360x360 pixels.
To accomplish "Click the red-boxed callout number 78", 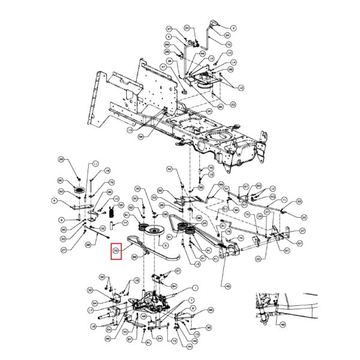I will click(x=116, y=251).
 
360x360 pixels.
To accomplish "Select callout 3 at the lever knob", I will click(x=233, y=28).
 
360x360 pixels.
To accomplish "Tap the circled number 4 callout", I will click(x=169, y=37).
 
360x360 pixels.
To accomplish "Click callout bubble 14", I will click(x=233, y=62).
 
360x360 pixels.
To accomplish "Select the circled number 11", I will click(x=94, y=163).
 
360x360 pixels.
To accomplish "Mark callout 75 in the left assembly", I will click(x=112, y=182).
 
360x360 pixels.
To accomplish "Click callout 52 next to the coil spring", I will click(x=125, y=205).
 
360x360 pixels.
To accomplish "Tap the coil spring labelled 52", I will click(x=112, y=213).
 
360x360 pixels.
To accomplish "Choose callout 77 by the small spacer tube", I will click(x=125, y=223).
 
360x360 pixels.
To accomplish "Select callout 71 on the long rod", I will click(x=284, y=199).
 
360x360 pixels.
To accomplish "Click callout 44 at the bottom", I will click(x=190, y=346).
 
